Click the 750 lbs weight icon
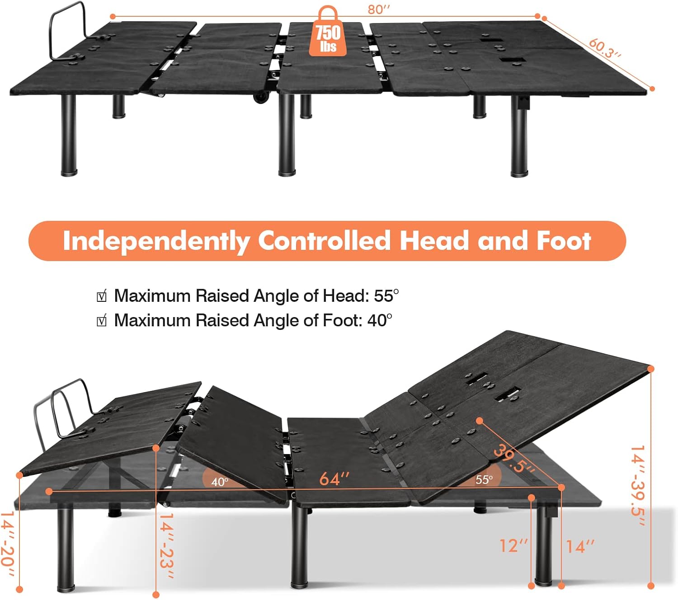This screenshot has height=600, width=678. tap(328, 33)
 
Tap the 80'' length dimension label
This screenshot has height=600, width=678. tap(378, 9)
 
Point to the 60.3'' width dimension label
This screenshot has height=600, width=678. tap(605, 48)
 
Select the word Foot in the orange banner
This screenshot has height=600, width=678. tap(564, 240)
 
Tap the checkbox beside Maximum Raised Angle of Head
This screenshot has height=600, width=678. tap(102, 297)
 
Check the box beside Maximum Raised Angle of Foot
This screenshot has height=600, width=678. tap(102, 321)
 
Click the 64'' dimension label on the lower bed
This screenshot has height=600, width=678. tap(334, 478)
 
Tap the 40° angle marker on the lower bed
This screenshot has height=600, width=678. tap(220, 482)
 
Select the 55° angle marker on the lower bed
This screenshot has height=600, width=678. tap(484, 479)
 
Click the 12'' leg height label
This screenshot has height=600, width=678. tap(513, 546)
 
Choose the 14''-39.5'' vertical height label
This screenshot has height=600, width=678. tap(638, 486)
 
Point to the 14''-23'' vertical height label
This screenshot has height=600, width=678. tap(166, 545)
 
